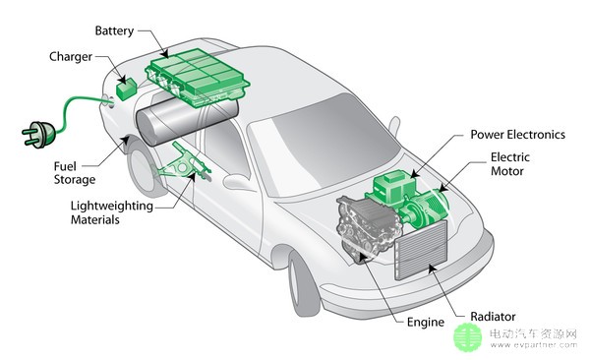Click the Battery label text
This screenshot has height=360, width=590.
(x=114, y=30)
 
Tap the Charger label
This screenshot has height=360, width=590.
(x=71, y=56)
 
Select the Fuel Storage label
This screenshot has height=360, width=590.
(x=75, y=173)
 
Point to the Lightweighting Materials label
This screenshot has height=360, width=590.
(x=112, y=212)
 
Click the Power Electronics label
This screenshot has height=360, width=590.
(x=518, y=135)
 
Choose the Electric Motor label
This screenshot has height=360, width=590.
(x=509, y=164)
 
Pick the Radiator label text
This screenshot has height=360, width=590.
(x=493, y=317)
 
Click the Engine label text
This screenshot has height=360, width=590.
(x=426, y=323)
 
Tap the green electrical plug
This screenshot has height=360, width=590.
(x=38, y=135)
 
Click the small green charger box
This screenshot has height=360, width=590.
(x=127, y=90)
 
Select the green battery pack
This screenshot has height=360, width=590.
(x=198, y=77)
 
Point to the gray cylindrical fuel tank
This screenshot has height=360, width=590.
(x=186, y=120)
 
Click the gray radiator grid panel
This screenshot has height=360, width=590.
(x=421, y=251)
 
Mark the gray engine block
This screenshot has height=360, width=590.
(x=367, y=228)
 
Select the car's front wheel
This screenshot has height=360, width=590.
(x=304, y=281)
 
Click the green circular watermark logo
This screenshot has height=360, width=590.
(x=468, y=337)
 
